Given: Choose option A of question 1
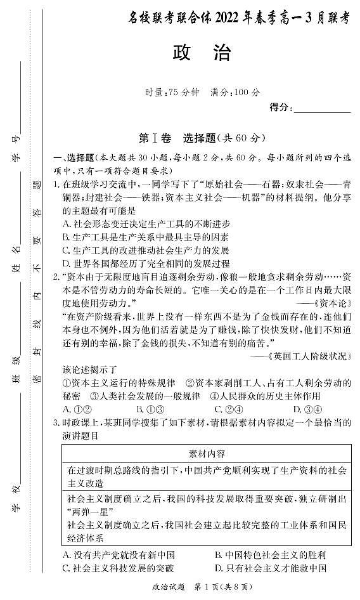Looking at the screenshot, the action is click(146, 224).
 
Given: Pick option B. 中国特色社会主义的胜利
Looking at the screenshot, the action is click(268, 555).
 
